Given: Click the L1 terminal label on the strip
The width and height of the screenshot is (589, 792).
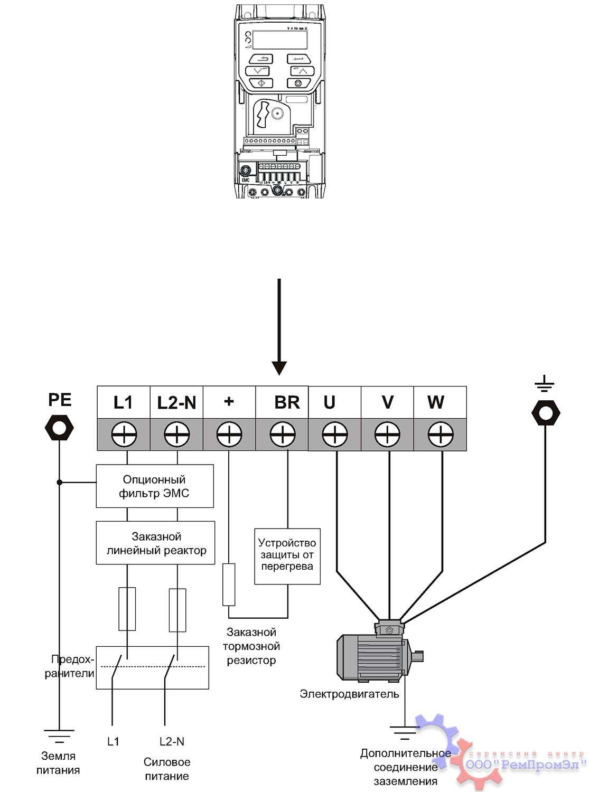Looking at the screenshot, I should click(x=123, y=402).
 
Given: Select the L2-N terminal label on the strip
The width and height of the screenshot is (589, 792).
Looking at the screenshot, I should click(x=176, y=403).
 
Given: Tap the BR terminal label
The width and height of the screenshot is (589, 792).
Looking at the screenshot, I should click(x=287, y=402).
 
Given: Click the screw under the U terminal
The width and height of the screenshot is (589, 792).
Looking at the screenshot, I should click(x=335, y=436).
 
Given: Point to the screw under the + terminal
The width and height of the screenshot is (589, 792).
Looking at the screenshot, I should click(x=229, y=436).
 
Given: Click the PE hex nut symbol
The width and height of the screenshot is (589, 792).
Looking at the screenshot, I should click(x=59, y=427).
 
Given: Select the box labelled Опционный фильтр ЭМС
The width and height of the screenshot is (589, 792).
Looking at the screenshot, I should click(x=154, y=486).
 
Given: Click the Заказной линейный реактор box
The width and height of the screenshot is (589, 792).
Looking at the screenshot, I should click(x=155, y=543).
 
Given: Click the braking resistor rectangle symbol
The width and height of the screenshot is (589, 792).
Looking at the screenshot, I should click(x=229, y=584).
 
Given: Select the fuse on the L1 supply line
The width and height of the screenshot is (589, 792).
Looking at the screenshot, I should click(x=127, y=609).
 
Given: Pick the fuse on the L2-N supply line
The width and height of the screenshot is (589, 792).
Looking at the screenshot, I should click(x=177, y=609).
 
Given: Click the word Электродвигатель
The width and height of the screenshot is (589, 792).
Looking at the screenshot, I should click(x=349, y=694).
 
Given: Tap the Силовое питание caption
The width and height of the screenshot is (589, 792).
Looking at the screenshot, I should click(x=167, y=769).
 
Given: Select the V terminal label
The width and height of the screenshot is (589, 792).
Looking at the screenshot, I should click(x=387, y=402).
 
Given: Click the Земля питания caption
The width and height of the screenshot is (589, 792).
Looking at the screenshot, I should click(x=58, y=763).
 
